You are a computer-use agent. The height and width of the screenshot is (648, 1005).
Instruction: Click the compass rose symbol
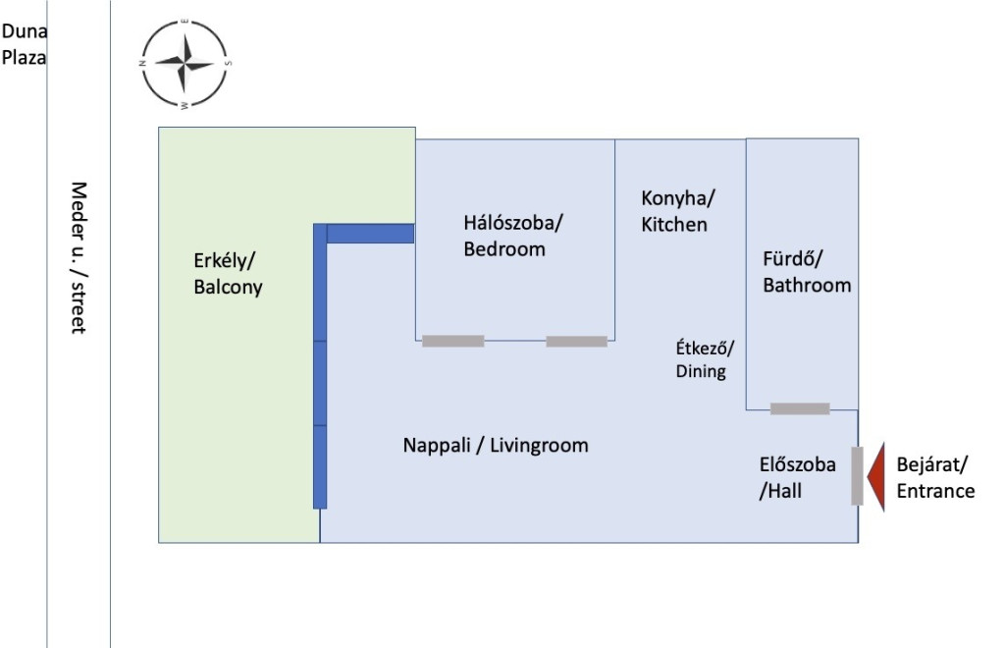(x=184, y=64)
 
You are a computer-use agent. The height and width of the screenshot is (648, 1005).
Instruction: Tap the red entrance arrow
(x=875, y=477)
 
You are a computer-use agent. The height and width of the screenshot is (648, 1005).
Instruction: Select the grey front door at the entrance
(x=857, y=476)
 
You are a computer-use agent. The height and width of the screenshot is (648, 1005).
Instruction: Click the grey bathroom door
(x=800, y=408)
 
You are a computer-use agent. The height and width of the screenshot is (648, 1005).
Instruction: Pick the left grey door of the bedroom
(x=453, y=341)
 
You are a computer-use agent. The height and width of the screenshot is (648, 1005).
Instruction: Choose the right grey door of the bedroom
(x=577, y=341)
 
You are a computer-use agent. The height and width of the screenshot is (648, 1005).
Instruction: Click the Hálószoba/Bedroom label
(x=512, y=236)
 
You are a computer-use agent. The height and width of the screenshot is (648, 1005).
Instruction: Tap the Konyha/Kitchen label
(x=677, y=211)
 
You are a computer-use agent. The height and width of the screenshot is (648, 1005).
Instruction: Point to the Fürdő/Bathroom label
(x=807, y=272)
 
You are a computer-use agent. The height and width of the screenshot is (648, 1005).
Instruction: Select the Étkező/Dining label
(x=705, y=359)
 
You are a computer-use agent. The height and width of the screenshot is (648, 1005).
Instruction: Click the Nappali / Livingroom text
(x=496, y=445)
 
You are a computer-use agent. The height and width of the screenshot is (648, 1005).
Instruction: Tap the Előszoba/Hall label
(x=797, y=477)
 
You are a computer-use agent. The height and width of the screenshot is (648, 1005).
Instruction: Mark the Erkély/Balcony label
(x=228, y=274)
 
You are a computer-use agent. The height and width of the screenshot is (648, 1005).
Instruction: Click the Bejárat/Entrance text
(x=935, y=477)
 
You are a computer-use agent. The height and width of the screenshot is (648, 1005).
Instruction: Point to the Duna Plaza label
(x=24, y=44)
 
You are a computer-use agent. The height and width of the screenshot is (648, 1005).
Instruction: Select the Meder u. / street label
(x=79, y=257)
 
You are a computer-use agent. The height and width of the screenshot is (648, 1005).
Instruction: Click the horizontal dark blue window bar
(x=370, y=234)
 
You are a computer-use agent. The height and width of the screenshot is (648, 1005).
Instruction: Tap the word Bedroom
(x=504, y=248)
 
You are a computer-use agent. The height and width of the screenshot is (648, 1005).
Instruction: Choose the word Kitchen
(x=674, y=224)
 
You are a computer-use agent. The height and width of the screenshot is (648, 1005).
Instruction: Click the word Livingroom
(x=539, y=445)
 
